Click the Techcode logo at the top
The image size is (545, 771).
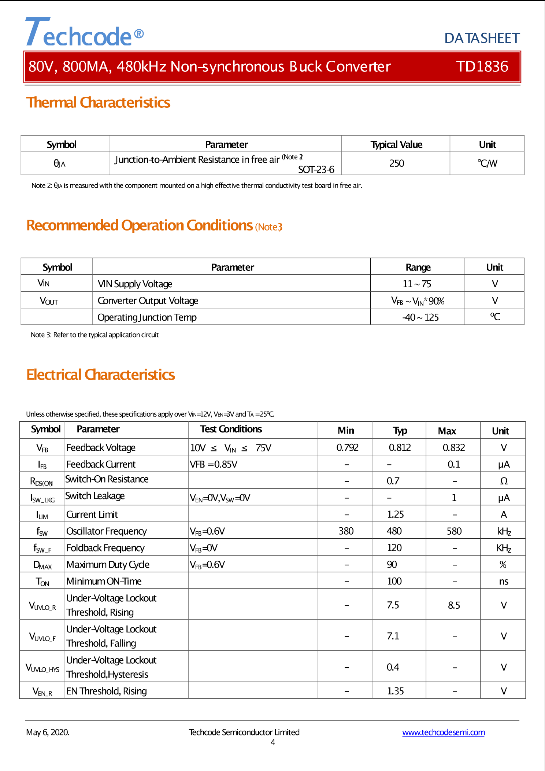coord(84,33)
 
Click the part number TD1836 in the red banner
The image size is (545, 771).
coord(482,67)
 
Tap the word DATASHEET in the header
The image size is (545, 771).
coord(482,38)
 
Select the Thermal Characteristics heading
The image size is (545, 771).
coord(98,103)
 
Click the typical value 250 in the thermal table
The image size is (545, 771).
coord(396,163)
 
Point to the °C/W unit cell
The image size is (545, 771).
coord(487,163)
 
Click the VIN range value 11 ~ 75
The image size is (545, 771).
coord(417,284)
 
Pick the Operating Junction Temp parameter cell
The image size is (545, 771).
coord(147,317)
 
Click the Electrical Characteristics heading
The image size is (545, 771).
coord(101,375)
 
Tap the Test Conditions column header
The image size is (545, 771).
coord(231,429)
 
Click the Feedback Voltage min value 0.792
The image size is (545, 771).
coord(347,447)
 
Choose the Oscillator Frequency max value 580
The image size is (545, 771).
coord(454,531)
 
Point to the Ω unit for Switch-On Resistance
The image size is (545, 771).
coord(504,481)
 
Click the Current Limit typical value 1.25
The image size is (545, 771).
coord(395,514)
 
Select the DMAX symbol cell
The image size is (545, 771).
coord(42,565)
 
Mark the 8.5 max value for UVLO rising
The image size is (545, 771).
coord(454,605)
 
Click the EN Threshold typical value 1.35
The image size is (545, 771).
coord(395,691)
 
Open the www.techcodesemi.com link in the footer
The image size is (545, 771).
coord(443,733)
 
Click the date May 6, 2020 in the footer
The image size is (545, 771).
coord(48,733)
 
